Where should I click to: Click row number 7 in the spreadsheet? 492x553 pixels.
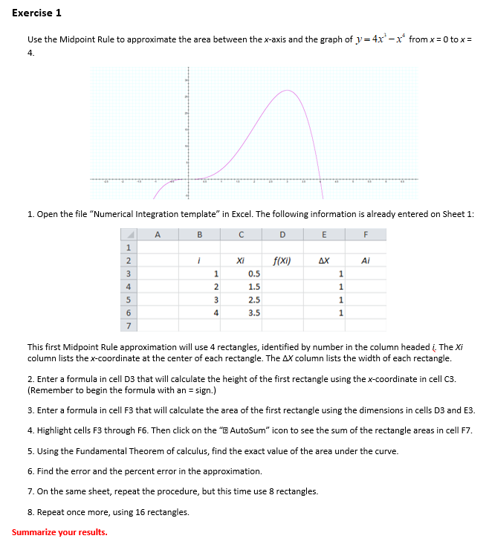pos(127,326)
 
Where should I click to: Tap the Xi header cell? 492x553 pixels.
pos(240,261)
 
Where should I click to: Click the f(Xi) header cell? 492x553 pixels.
pos(282,261)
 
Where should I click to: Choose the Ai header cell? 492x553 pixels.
pos(365,261)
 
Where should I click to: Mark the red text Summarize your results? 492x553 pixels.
pos(59,532)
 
